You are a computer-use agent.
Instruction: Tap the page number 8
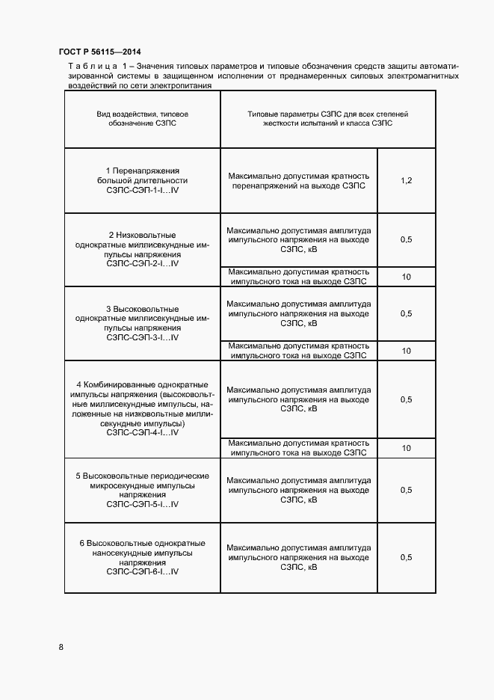(x=61, y=647)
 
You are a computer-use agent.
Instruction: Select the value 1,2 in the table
(x=407, y=181)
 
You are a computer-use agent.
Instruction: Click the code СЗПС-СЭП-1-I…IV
(x=143, y=191)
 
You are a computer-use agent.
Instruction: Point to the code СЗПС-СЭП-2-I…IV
(x=143, y=264)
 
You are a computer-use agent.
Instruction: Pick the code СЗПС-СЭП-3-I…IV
(x=143, y=337)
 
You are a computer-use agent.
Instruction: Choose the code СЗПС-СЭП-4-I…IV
(x=143, y=432)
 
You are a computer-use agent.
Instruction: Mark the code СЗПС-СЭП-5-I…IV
(x=143, y=505)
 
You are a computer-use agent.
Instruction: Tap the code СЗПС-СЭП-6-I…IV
(x=143, y=571)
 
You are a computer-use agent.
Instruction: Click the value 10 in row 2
(x=407, y=277)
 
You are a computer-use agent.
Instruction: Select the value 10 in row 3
(x=407, y=351)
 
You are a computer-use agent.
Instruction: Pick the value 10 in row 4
(x=407, y=449)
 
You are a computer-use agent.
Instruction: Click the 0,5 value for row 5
(x=407, y=491)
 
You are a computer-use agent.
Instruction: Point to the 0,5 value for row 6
(x=407, y=558)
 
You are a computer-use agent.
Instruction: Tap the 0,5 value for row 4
(x=407, y=400)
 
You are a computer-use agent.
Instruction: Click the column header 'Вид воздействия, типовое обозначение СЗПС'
(x=142, y=119)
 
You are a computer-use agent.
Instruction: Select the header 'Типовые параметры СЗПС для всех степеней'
(x=328, y=114)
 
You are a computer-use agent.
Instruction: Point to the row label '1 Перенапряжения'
(x=143, y=171)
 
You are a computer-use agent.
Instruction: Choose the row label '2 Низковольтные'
(x=143, y=235)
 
